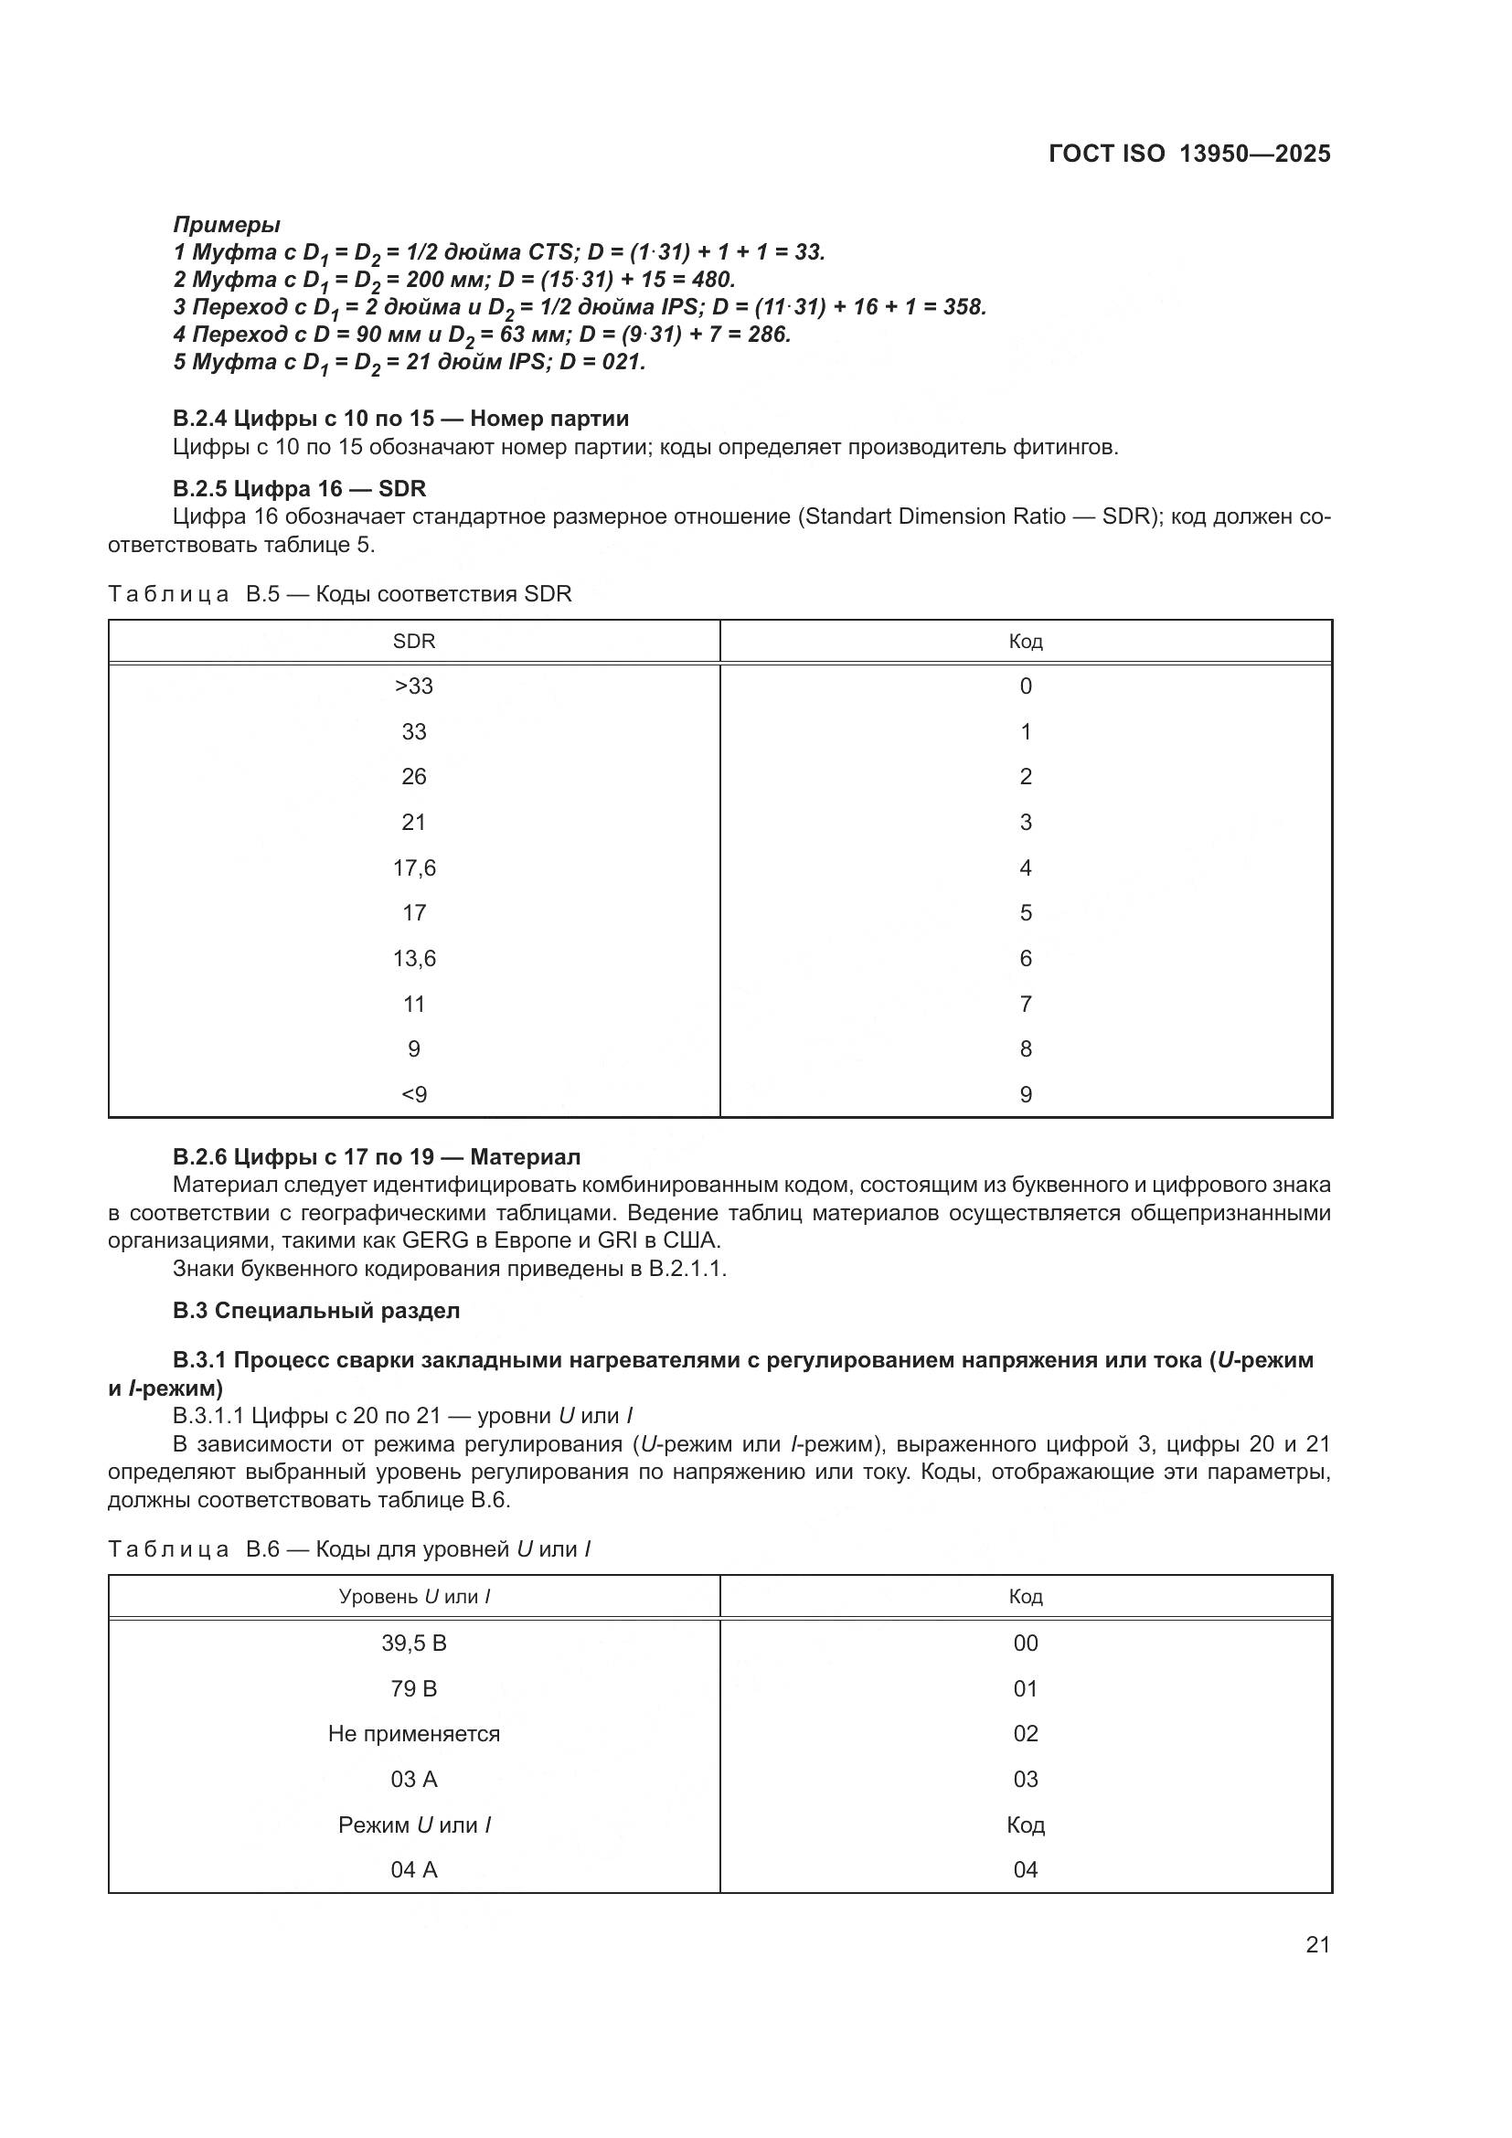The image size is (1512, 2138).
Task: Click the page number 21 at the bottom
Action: point(1317,1944)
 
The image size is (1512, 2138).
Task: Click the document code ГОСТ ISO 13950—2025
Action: point(1189,154)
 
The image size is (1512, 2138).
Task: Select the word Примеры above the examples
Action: point(226,225)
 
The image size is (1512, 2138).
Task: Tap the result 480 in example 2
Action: point(714,280)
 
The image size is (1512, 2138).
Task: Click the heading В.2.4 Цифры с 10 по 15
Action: point(400,418)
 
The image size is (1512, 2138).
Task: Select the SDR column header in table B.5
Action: point(413,641)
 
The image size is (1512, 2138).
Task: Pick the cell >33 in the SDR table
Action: point(413,686)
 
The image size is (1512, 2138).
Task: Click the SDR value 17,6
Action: point(413,867)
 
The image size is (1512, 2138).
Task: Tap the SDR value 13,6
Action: point(413,958)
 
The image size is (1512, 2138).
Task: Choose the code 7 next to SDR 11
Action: point(1025,1004)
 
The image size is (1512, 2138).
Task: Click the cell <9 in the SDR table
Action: point(413,1094)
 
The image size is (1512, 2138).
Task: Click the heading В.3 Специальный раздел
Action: point(315,1310)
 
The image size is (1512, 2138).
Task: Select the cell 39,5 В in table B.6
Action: point(413,1643)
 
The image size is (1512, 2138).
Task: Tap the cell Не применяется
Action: point(413,1733)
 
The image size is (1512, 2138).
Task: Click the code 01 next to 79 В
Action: point(1025,1688)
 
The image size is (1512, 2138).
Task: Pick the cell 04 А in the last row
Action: point(413,1869)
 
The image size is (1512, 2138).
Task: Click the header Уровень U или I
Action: point(413,1596)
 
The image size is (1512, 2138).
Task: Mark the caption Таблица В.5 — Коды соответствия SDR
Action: point(340,594)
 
